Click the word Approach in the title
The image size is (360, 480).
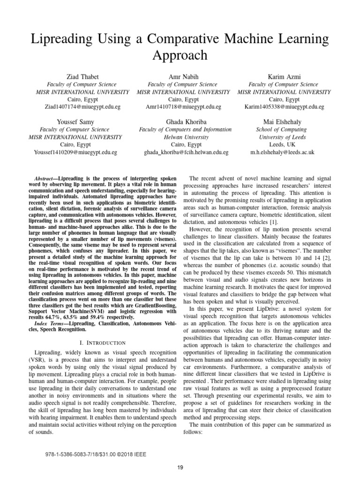(x=180, y=55)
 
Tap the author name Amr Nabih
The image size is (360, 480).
(x=180, y=76)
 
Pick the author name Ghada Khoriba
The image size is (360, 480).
(x=180, y=121)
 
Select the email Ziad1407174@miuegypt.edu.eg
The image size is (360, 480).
(x=77, y=107)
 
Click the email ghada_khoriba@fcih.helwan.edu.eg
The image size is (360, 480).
(x=180, y=153)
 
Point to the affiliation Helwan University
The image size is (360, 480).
(x=180, y=137)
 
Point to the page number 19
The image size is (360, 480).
(x=180, y=466)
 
